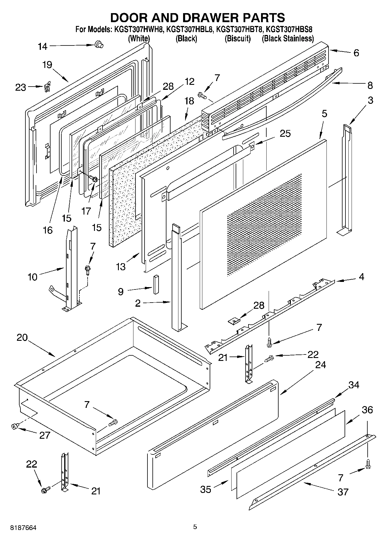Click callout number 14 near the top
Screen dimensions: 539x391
[x=43, y=46]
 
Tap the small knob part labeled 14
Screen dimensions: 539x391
[x=99, y=45]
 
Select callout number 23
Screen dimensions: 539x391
[x=20, y=87]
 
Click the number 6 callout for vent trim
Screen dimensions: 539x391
[x=356, y=53]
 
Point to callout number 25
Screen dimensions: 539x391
[x=285, y=134]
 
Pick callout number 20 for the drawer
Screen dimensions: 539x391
[x=22, y=338]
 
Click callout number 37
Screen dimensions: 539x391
[x=343, y=492]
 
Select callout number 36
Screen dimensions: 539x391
[x=367, y=410]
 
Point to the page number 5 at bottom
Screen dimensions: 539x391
[x=195, y=526]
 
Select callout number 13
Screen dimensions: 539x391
[x=121, y=266]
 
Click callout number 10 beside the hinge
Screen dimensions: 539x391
[x=32, y=277]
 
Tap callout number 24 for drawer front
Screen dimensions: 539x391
[x=320, y=364]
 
